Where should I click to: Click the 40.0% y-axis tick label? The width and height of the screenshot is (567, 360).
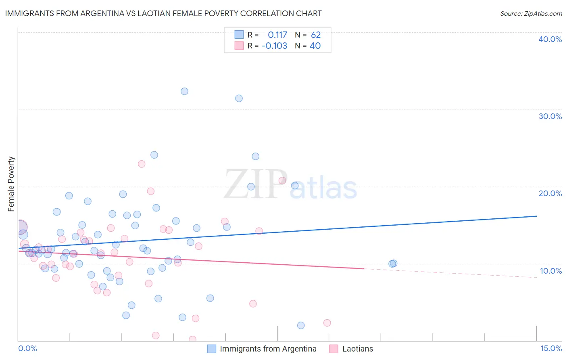[550, 39]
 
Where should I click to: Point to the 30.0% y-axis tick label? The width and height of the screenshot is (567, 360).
[550, 116]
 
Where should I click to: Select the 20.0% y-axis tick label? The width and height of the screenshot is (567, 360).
[550, 193]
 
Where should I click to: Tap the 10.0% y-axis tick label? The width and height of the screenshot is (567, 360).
[550, 271]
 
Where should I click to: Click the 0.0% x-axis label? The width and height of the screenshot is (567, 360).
[27, 348]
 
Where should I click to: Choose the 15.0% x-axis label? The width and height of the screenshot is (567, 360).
[551, 348]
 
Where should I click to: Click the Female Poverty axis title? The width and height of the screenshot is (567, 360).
[11, 184]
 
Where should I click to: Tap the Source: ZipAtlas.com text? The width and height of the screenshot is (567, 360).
[531, 13]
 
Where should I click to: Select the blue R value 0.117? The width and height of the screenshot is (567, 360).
[277, 35]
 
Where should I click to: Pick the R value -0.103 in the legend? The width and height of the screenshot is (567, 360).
[274, 46]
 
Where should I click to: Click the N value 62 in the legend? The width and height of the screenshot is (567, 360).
[316, 35]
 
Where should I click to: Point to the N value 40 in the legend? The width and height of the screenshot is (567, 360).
[315, 46]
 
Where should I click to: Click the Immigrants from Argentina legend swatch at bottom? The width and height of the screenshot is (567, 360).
[212, 349]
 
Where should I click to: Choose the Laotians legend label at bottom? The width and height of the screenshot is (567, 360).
[357, 349]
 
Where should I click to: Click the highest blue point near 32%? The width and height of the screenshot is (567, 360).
[184, 91]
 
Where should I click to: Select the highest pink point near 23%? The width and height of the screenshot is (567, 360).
[142, 164]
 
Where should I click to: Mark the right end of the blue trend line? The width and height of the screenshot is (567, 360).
[536, 216]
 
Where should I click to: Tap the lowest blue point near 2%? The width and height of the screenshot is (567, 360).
[301, 325]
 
